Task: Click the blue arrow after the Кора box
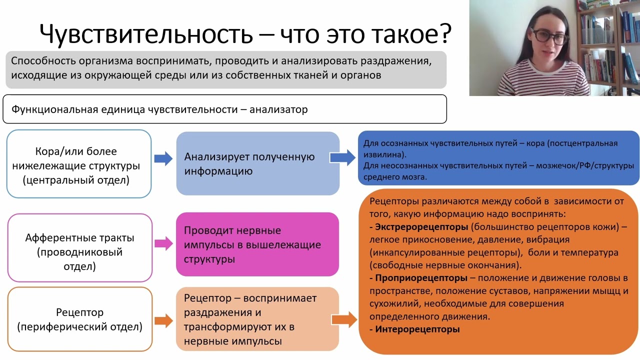coord(163,159)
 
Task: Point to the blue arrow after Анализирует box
coord(343,158)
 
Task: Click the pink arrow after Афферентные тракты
coord(163,244)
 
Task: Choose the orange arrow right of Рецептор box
coord(163,320)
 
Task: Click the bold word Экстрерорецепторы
coord(421,227)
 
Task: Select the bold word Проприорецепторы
coord(421,278)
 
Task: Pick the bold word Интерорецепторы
coord(417,329)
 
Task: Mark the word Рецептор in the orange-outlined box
coord(79,312)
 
